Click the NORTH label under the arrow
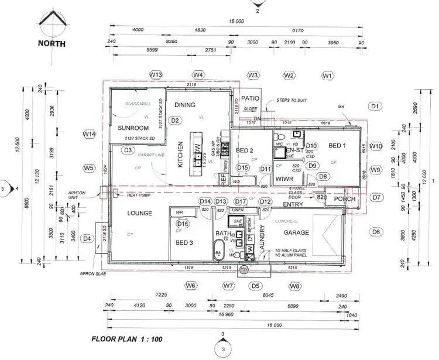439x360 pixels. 52,43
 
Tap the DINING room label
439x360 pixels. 185,105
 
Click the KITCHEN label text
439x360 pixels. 180,155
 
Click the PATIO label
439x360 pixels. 250,99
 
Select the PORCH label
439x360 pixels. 345,199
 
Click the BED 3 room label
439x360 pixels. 184,241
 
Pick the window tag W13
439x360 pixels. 155,75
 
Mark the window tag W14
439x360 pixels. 89,134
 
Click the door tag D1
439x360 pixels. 375,106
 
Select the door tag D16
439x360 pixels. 183,224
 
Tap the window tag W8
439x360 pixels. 295,286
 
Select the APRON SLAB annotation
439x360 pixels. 91,273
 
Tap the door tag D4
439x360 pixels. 87,238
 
